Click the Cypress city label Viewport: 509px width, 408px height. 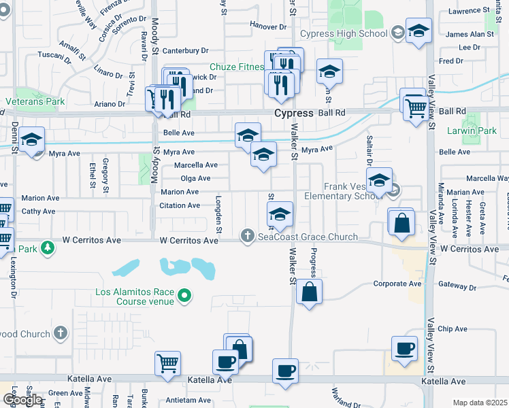[293, 114]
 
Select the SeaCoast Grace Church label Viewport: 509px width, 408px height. [308, 237]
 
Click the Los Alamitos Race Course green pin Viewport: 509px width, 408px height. [184, 295]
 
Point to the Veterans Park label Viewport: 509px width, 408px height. [35, 101]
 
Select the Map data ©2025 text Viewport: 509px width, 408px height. [480, 403]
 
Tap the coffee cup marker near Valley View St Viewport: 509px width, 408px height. [405, 349]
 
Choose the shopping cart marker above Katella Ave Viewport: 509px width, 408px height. [167, 363]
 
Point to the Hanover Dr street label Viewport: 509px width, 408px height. [268, 27]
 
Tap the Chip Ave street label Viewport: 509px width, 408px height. [453, 328]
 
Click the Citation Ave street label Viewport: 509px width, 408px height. [180, 205]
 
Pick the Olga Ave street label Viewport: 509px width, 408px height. [195, 178]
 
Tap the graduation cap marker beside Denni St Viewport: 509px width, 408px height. [32, 139]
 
